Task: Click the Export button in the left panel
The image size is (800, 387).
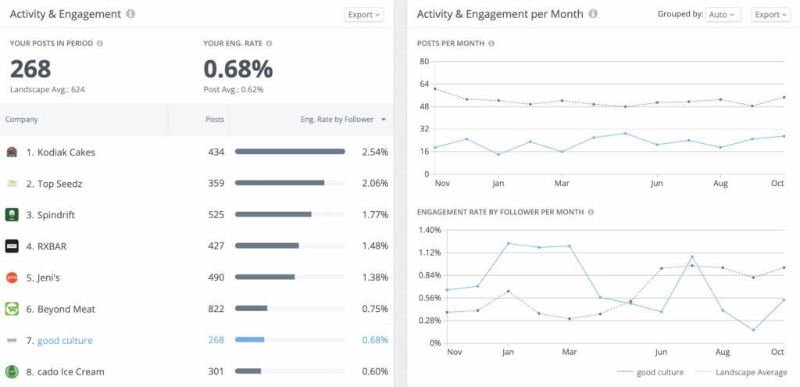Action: (x=363, y=14)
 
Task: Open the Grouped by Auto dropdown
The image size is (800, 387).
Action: (x=723, y=14)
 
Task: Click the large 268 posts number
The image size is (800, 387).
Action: (x=30, y=69)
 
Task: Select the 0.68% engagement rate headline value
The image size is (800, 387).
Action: (x=237, y=69)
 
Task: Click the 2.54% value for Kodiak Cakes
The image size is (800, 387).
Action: (x=375, y=152)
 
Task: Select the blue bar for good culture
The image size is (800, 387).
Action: (x=250, y=340)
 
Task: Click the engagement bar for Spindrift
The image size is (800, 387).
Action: (x=273, y=214)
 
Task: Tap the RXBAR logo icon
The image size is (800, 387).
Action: (x=12, y=246)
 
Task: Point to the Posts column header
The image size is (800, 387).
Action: (x=214, y=120)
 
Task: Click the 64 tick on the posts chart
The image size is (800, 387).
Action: (x=424, y=84)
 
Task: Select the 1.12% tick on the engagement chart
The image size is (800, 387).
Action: (x=430, y=253)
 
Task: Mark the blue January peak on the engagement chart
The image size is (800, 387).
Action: (x=508, y=243)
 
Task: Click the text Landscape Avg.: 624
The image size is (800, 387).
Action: (x=47, y=89)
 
